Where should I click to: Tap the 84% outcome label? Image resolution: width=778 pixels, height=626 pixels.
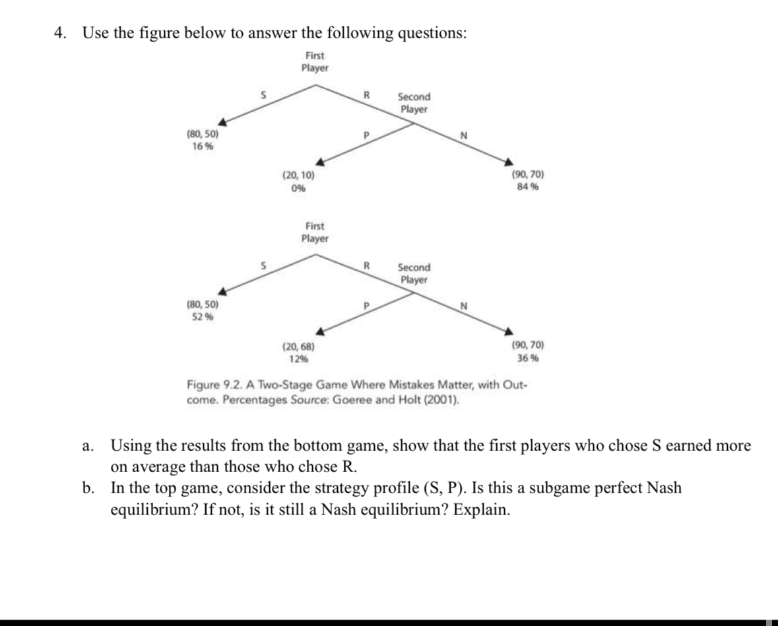coord(527,186)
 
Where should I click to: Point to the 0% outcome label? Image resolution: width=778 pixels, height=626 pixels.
coord(298,188)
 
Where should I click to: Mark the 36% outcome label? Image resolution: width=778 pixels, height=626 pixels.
coord(527,358)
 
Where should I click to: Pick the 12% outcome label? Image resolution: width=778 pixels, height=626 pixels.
coord(298,359)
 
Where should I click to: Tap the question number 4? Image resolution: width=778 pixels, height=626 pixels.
coord(60,34)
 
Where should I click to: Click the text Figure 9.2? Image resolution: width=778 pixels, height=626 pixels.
coord(212,386)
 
